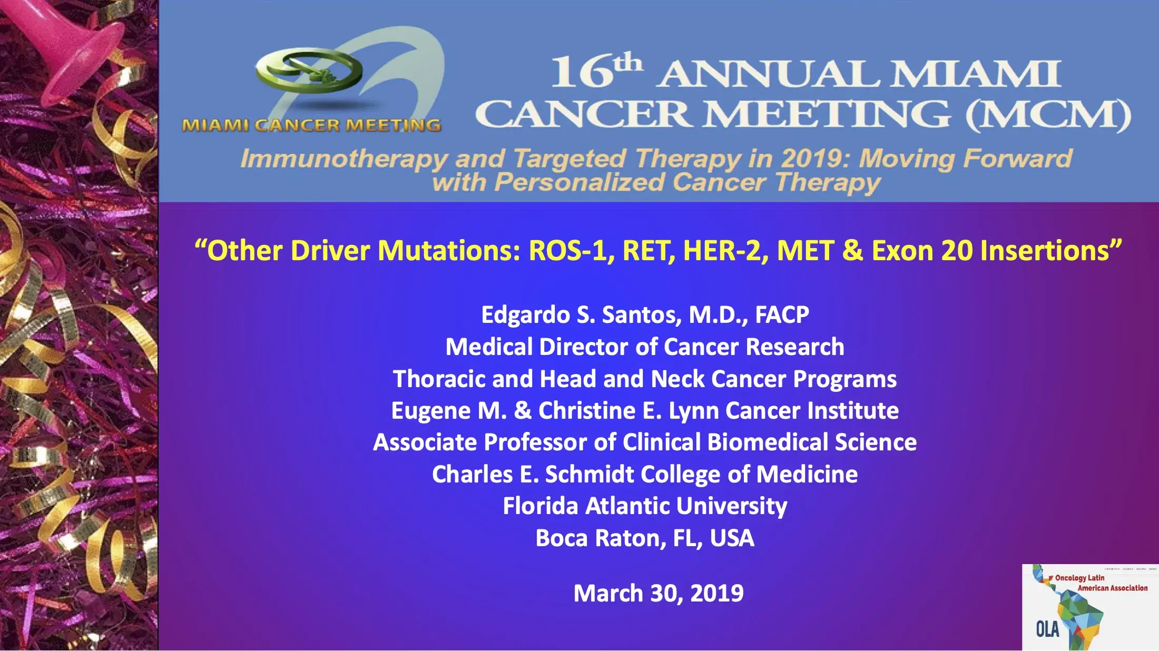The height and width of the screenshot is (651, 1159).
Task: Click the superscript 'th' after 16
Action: click(x=628, y=63)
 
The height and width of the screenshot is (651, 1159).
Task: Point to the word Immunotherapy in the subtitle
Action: click(x=343, y=159)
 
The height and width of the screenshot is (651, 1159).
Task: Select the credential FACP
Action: click(x=782, y=315)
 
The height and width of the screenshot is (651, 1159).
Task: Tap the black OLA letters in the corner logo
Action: click(x=1047, y=629)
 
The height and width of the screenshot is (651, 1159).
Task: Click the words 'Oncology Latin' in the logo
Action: click(x=1079, y=578)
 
